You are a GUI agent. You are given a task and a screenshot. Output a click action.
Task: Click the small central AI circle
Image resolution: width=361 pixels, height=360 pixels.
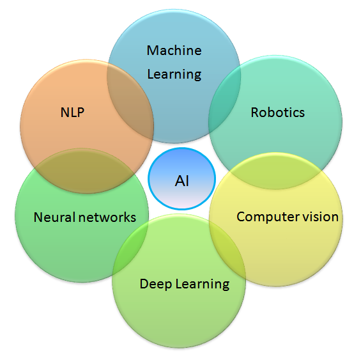point(182,178)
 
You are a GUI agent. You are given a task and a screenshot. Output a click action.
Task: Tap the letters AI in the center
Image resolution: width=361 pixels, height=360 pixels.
point(182,181)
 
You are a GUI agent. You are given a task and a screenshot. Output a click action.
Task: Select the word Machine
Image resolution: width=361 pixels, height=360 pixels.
point(174,51)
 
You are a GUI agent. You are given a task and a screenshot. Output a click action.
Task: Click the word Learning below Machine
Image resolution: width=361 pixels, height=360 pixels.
point(174,74)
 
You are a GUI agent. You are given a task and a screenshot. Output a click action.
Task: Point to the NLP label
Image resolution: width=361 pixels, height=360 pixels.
point(72,113)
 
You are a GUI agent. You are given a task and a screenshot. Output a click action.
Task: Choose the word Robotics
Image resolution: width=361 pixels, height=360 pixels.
point(278,113)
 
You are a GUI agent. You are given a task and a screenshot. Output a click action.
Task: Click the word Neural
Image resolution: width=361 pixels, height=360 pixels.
point(54,217)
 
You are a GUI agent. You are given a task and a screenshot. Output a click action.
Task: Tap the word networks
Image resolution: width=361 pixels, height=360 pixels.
point(107,217)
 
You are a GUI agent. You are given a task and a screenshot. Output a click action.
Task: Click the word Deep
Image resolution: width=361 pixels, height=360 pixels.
point(156,284)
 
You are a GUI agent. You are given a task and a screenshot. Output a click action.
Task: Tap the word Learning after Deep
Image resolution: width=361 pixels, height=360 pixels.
point(203,284)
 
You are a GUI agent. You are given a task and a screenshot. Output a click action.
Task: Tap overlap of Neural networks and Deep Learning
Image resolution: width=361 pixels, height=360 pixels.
point(131,249)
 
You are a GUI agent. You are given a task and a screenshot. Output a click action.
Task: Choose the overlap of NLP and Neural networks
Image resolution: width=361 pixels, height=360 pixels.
point(84,171)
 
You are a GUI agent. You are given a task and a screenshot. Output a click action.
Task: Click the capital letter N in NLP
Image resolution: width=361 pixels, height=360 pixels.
point(65,113)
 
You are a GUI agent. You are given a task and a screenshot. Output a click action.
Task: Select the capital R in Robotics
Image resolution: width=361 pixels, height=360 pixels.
point(255,113)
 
